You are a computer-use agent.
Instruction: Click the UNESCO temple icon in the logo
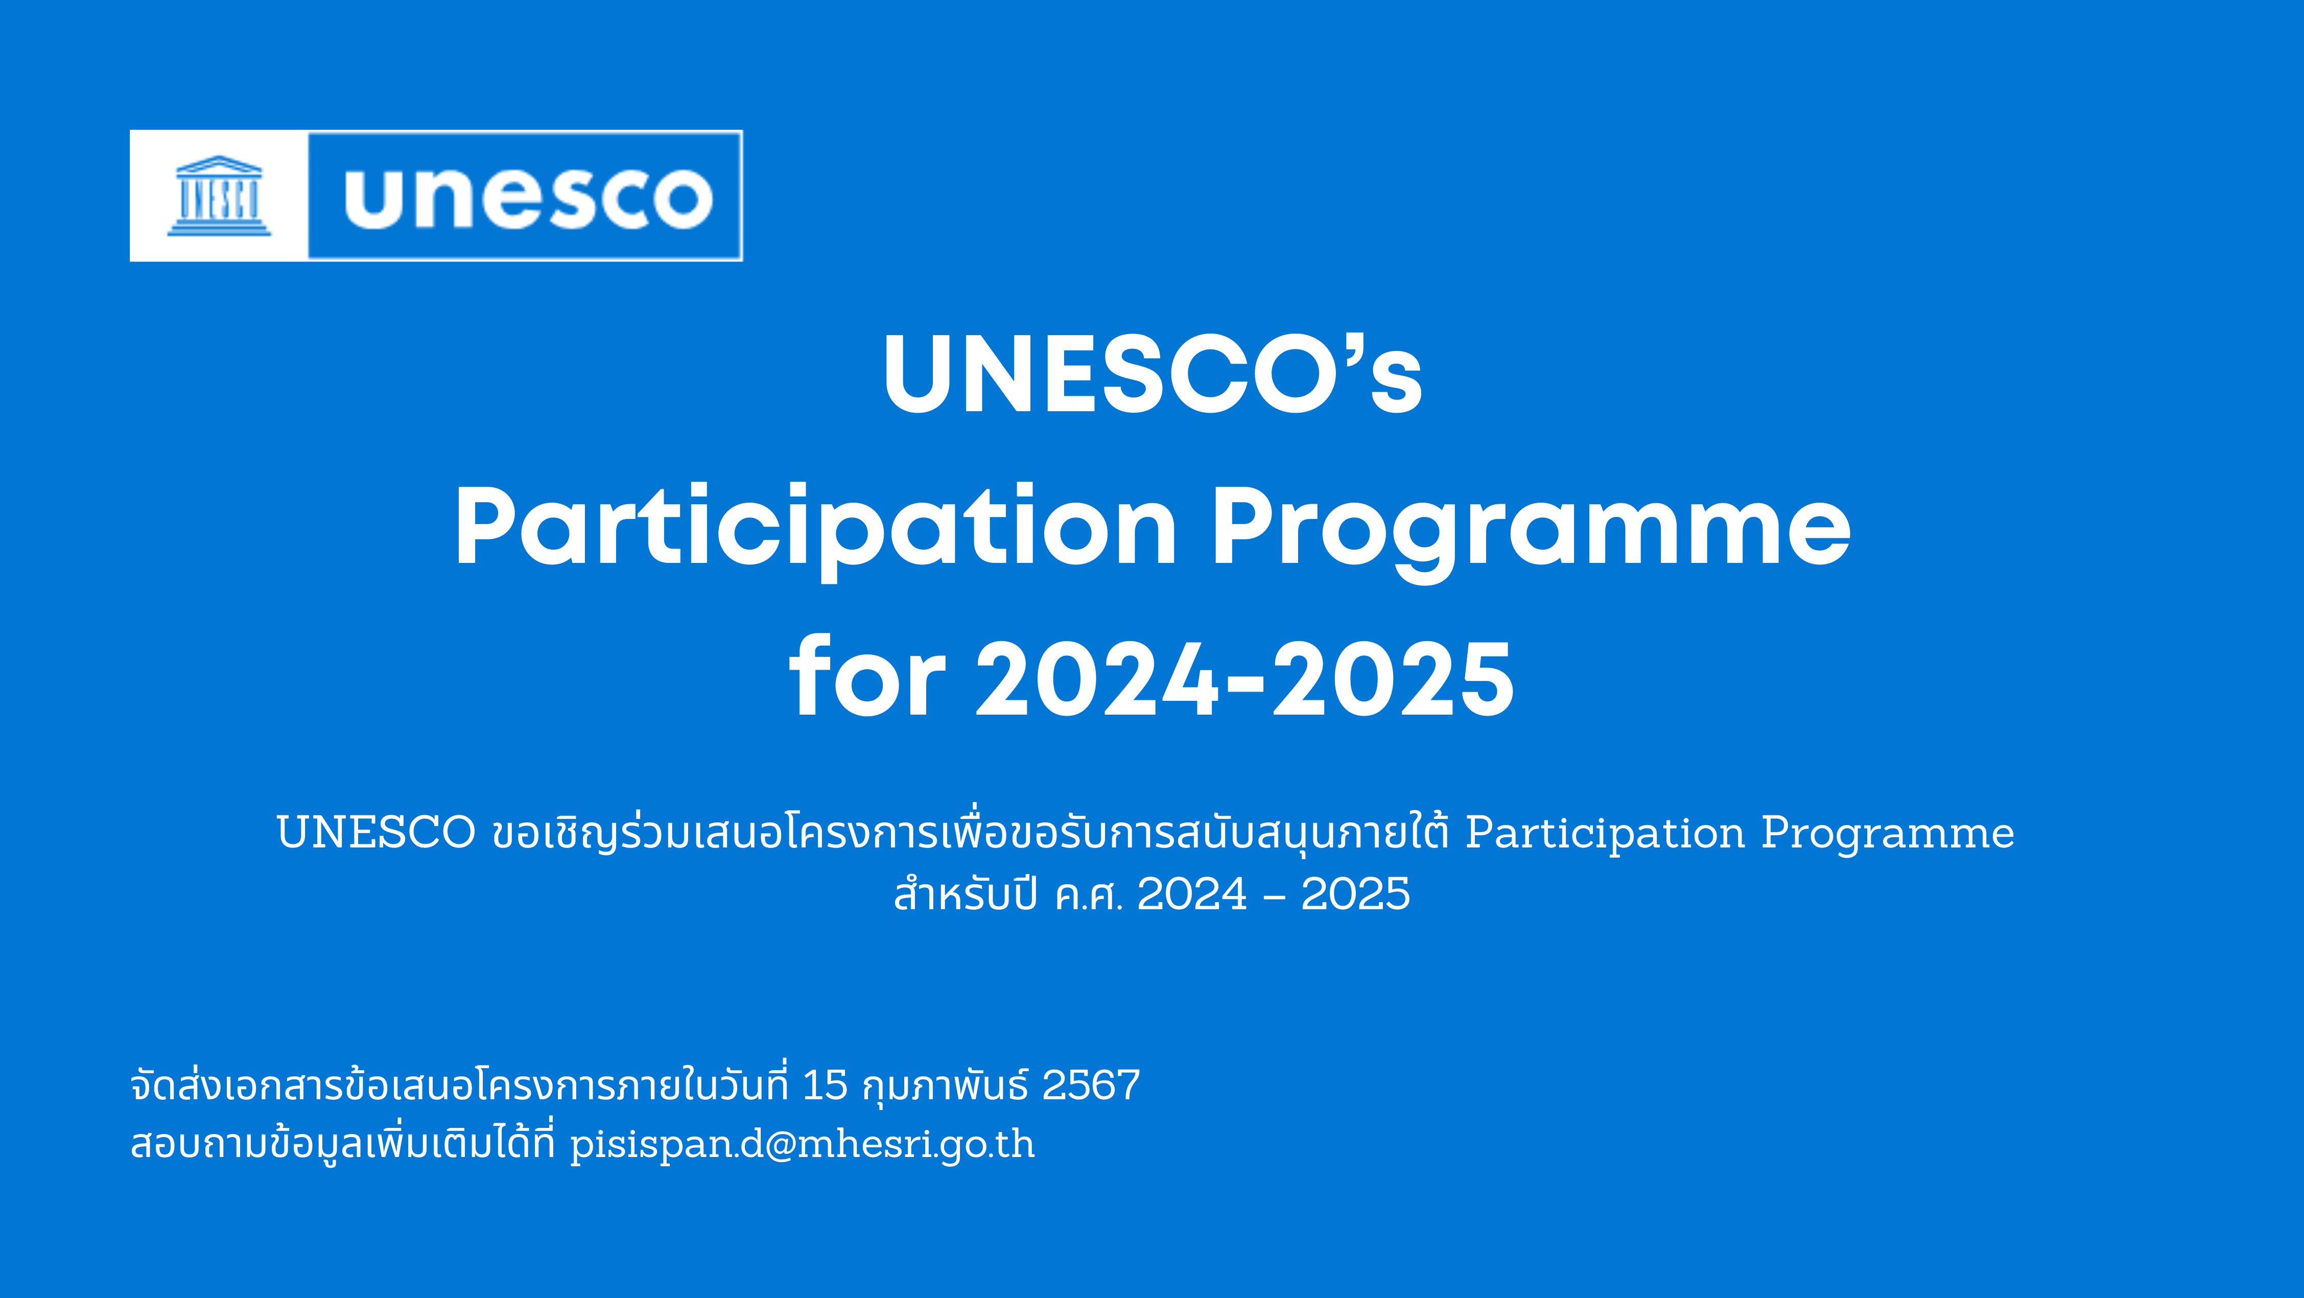coord(219,196)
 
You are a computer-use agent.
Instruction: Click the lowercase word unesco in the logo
coord(529,197)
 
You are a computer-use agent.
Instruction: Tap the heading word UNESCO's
coord(1153,374)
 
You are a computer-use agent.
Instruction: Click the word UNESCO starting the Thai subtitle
coord(375,832)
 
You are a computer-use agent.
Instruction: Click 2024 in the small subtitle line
coord(1191,893)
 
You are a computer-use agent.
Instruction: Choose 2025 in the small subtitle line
coord(1355,893)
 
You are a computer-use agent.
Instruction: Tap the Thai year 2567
coord(1091,1085)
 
